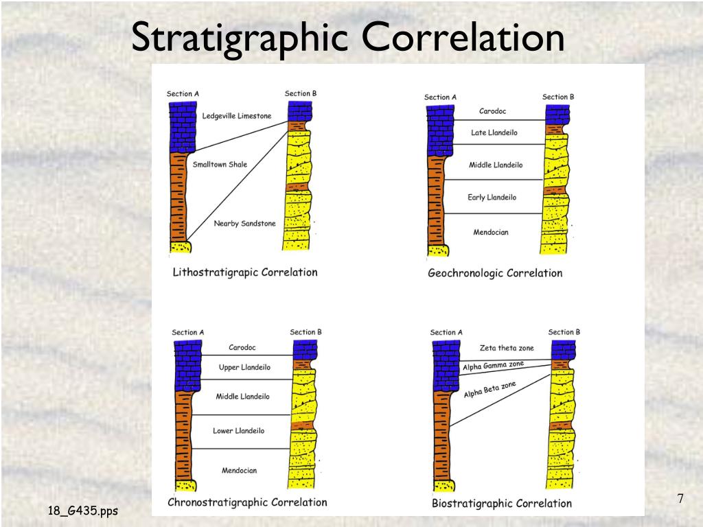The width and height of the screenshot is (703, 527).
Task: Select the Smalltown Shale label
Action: click(220, 165)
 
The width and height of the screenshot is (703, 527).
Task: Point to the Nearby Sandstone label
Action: click(244, 224)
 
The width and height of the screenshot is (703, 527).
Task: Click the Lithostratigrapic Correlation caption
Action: click(244, 272)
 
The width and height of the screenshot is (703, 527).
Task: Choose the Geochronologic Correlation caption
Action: click(495, 273)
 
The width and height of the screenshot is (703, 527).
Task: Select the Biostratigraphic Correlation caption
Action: click(501, 504)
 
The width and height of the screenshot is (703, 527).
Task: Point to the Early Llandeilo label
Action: click(492, 198)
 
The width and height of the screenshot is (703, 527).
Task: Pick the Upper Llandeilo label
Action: click(244, 368)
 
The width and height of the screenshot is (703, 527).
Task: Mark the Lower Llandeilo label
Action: click(238, 431)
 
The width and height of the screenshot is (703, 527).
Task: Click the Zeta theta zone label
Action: click(507, 349)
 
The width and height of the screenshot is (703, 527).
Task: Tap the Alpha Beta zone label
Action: click(489, 390)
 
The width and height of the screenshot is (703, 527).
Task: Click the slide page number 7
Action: click(680, 499)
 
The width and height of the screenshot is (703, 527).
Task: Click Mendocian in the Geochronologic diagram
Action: click(491, 233)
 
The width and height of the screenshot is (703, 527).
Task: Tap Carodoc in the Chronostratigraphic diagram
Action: click(242, 348)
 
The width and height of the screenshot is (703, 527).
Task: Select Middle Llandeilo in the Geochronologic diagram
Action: click(496, 165)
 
